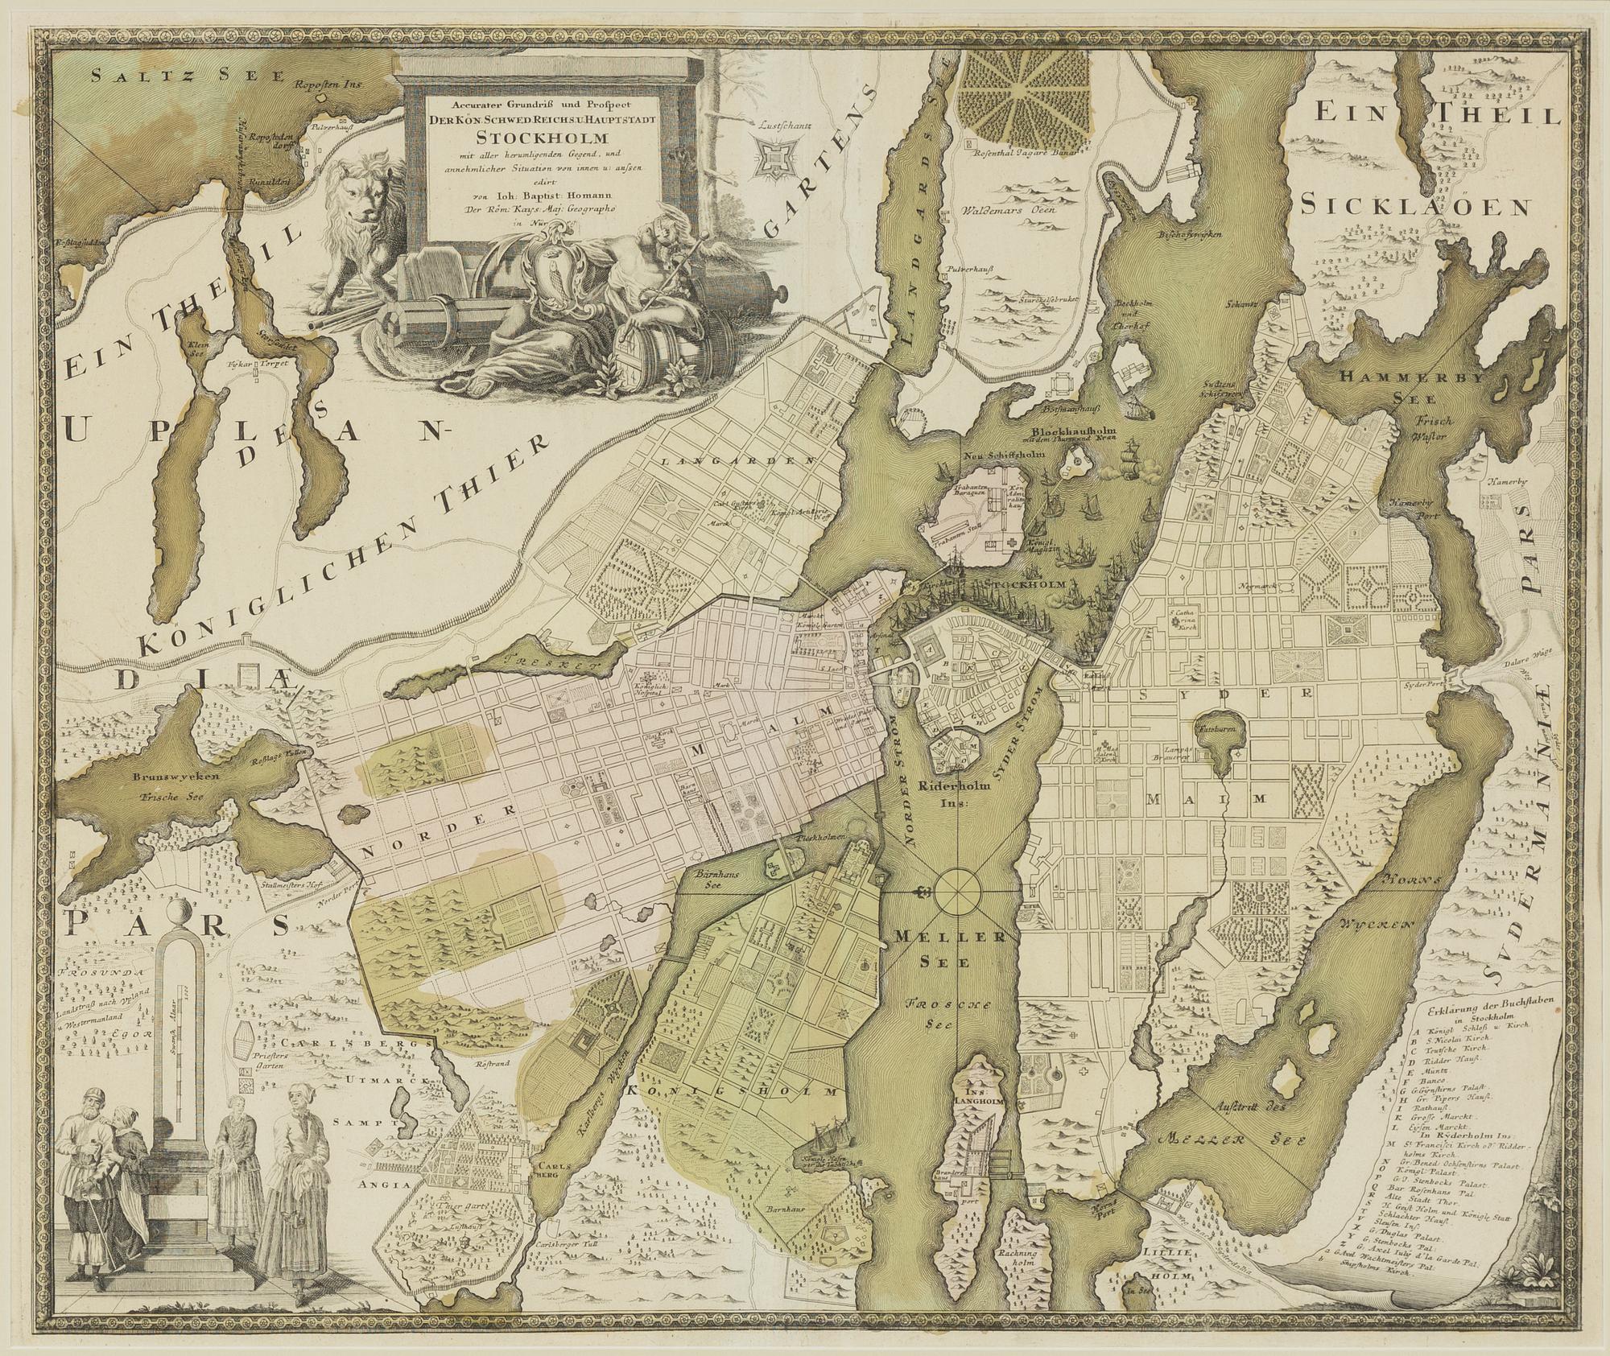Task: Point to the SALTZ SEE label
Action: pos(188,76)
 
